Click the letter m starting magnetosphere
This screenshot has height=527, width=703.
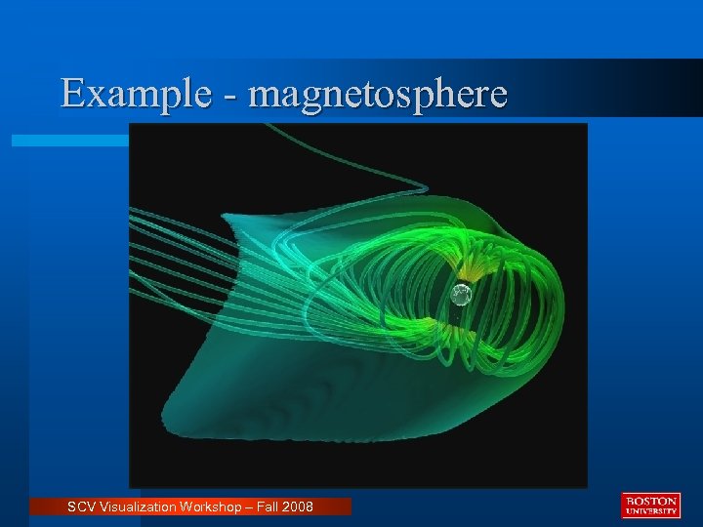264,97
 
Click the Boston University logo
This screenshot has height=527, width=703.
649,505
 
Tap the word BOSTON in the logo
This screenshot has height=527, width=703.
649,501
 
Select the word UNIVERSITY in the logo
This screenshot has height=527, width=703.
649,510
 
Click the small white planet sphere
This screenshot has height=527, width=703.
461,294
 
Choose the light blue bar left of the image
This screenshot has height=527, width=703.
68,141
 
